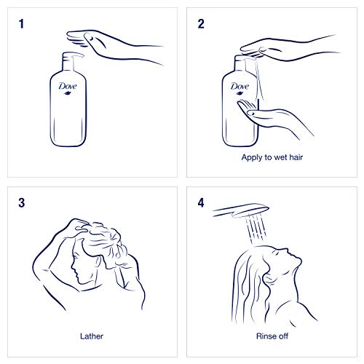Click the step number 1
(22, 24)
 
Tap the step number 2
(201, 24)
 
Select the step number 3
(22, 203)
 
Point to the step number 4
(201, 203)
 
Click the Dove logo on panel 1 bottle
(68, 87)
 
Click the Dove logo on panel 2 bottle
(240, 87)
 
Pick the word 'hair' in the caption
(296, 157)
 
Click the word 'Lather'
(92, 336)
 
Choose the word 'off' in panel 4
(283, 336)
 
